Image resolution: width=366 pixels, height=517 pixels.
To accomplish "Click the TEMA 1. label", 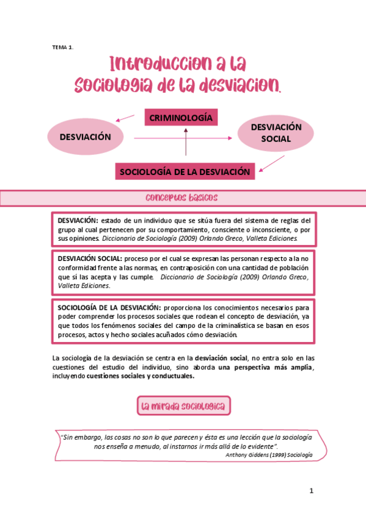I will pyautogui.click(x=62, y=48).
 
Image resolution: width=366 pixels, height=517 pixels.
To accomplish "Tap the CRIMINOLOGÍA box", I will pyautogui.click(x=181, y=117).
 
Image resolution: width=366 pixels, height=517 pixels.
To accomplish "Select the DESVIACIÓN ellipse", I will pyautogui.click(x=85, y=137).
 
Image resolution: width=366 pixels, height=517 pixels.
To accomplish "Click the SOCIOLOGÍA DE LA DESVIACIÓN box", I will pyautogui.click(x=185, y=171).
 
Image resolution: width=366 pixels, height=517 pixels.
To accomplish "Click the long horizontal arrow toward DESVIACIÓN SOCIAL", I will pyautogui.click(x=183, y=138).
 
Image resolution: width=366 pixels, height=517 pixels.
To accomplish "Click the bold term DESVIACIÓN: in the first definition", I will pyautogui.click(x=78, y=220).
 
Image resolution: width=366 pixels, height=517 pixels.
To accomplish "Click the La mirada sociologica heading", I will pyautogui.click(x=183, y=406).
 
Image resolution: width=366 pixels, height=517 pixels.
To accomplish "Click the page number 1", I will pyautogui.click(x=311, y=491).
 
